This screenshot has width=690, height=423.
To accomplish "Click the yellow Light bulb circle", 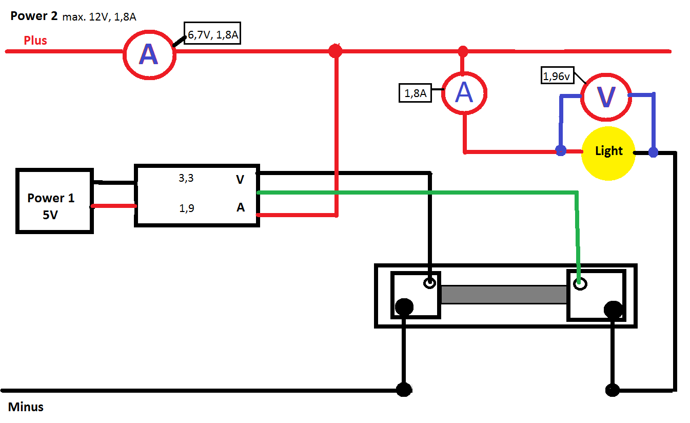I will click(608, 153).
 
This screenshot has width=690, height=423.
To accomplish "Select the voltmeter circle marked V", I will click(606, 97).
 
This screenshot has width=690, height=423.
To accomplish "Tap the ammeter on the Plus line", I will click(149, 53).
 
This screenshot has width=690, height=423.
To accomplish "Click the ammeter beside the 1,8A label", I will click(464, 93).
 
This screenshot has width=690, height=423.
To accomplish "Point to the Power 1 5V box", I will click(54, 201).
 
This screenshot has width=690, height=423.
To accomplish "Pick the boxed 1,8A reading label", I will click(415, 93).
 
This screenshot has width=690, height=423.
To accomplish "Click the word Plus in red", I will click(35, 40).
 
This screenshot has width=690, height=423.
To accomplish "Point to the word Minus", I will click(26, 407).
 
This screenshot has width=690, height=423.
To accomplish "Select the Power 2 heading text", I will click(34, 16).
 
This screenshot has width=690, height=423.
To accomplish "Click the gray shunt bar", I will click(503, 294).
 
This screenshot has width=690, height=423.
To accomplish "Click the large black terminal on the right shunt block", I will click(613, 309).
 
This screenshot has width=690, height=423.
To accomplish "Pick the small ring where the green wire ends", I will click(580, 283).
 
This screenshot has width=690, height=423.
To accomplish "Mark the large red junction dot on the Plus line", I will click(335, 51).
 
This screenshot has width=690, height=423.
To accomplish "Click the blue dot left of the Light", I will click(561, 151).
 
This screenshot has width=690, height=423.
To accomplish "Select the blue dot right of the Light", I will click(653, 152).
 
